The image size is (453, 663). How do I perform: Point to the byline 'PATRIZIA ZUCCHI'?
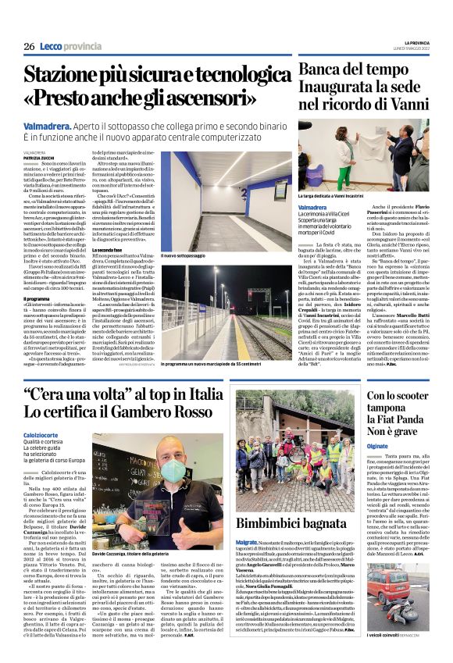[x=39, y=157]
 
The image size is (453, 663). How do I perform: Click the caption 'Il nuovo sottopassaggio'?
[x=185, y=255]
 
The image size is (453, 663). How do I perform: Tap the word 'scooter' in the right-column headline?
[x=418, y=396]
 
